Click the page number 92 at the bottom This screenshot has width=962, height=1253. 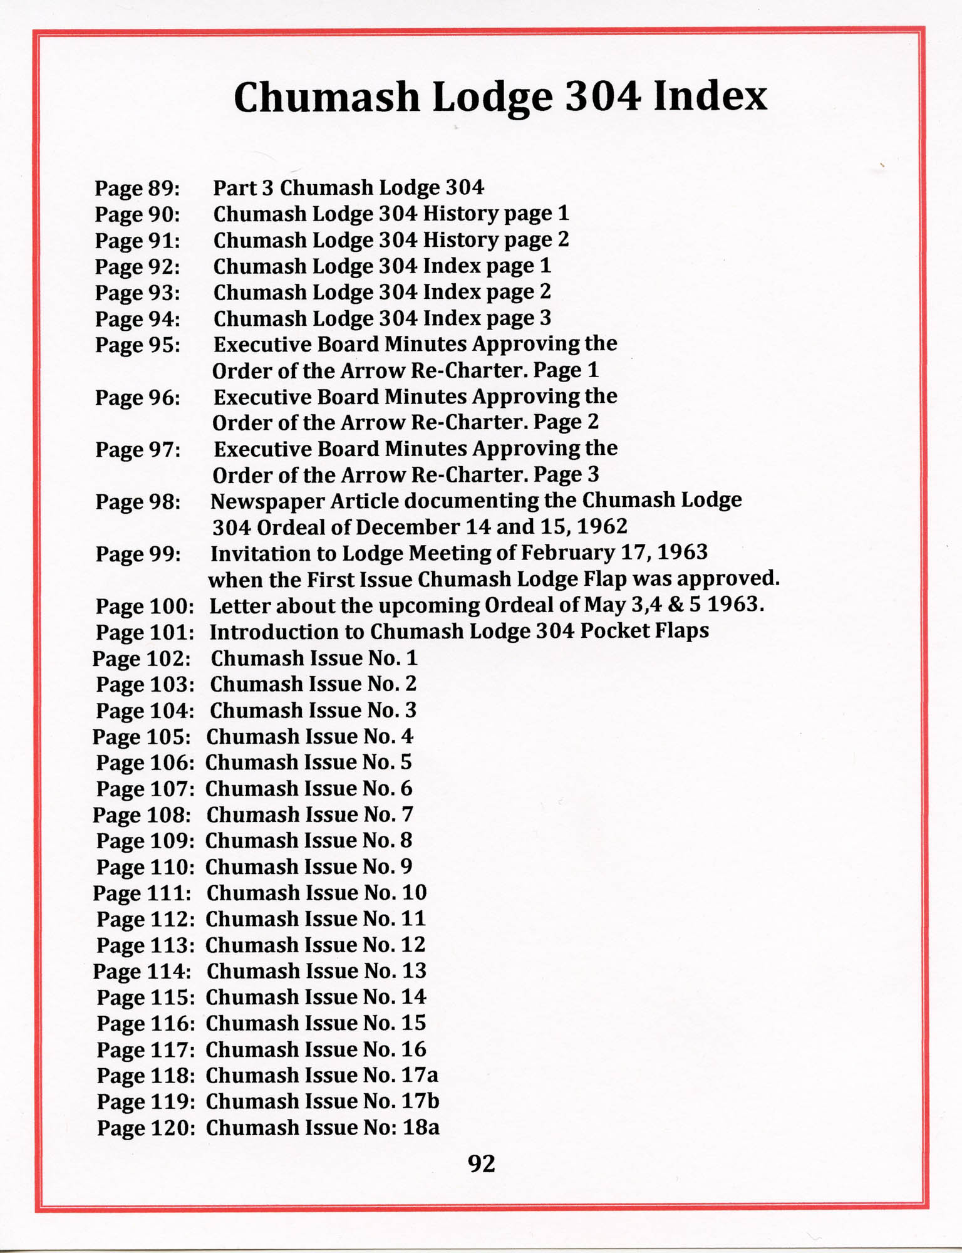[481, 1163]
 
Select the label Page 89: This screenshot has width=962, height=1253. [137, 188]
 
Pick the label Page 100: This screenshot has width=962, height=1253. [144, 606]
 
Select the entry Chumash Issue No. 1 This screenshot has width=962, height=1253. [314, 658]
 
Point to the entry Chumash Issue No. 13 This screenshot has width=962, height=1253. [316, 971]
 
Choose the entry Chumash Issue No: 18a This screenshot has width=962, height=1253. [323, 1128]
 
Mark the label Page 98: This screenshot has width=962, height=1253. [138, 502]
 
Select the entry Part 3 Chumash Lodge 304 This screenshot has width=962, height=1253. [349, 187]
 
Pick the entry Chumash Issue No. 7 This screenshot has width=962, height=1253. [309, 814]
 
